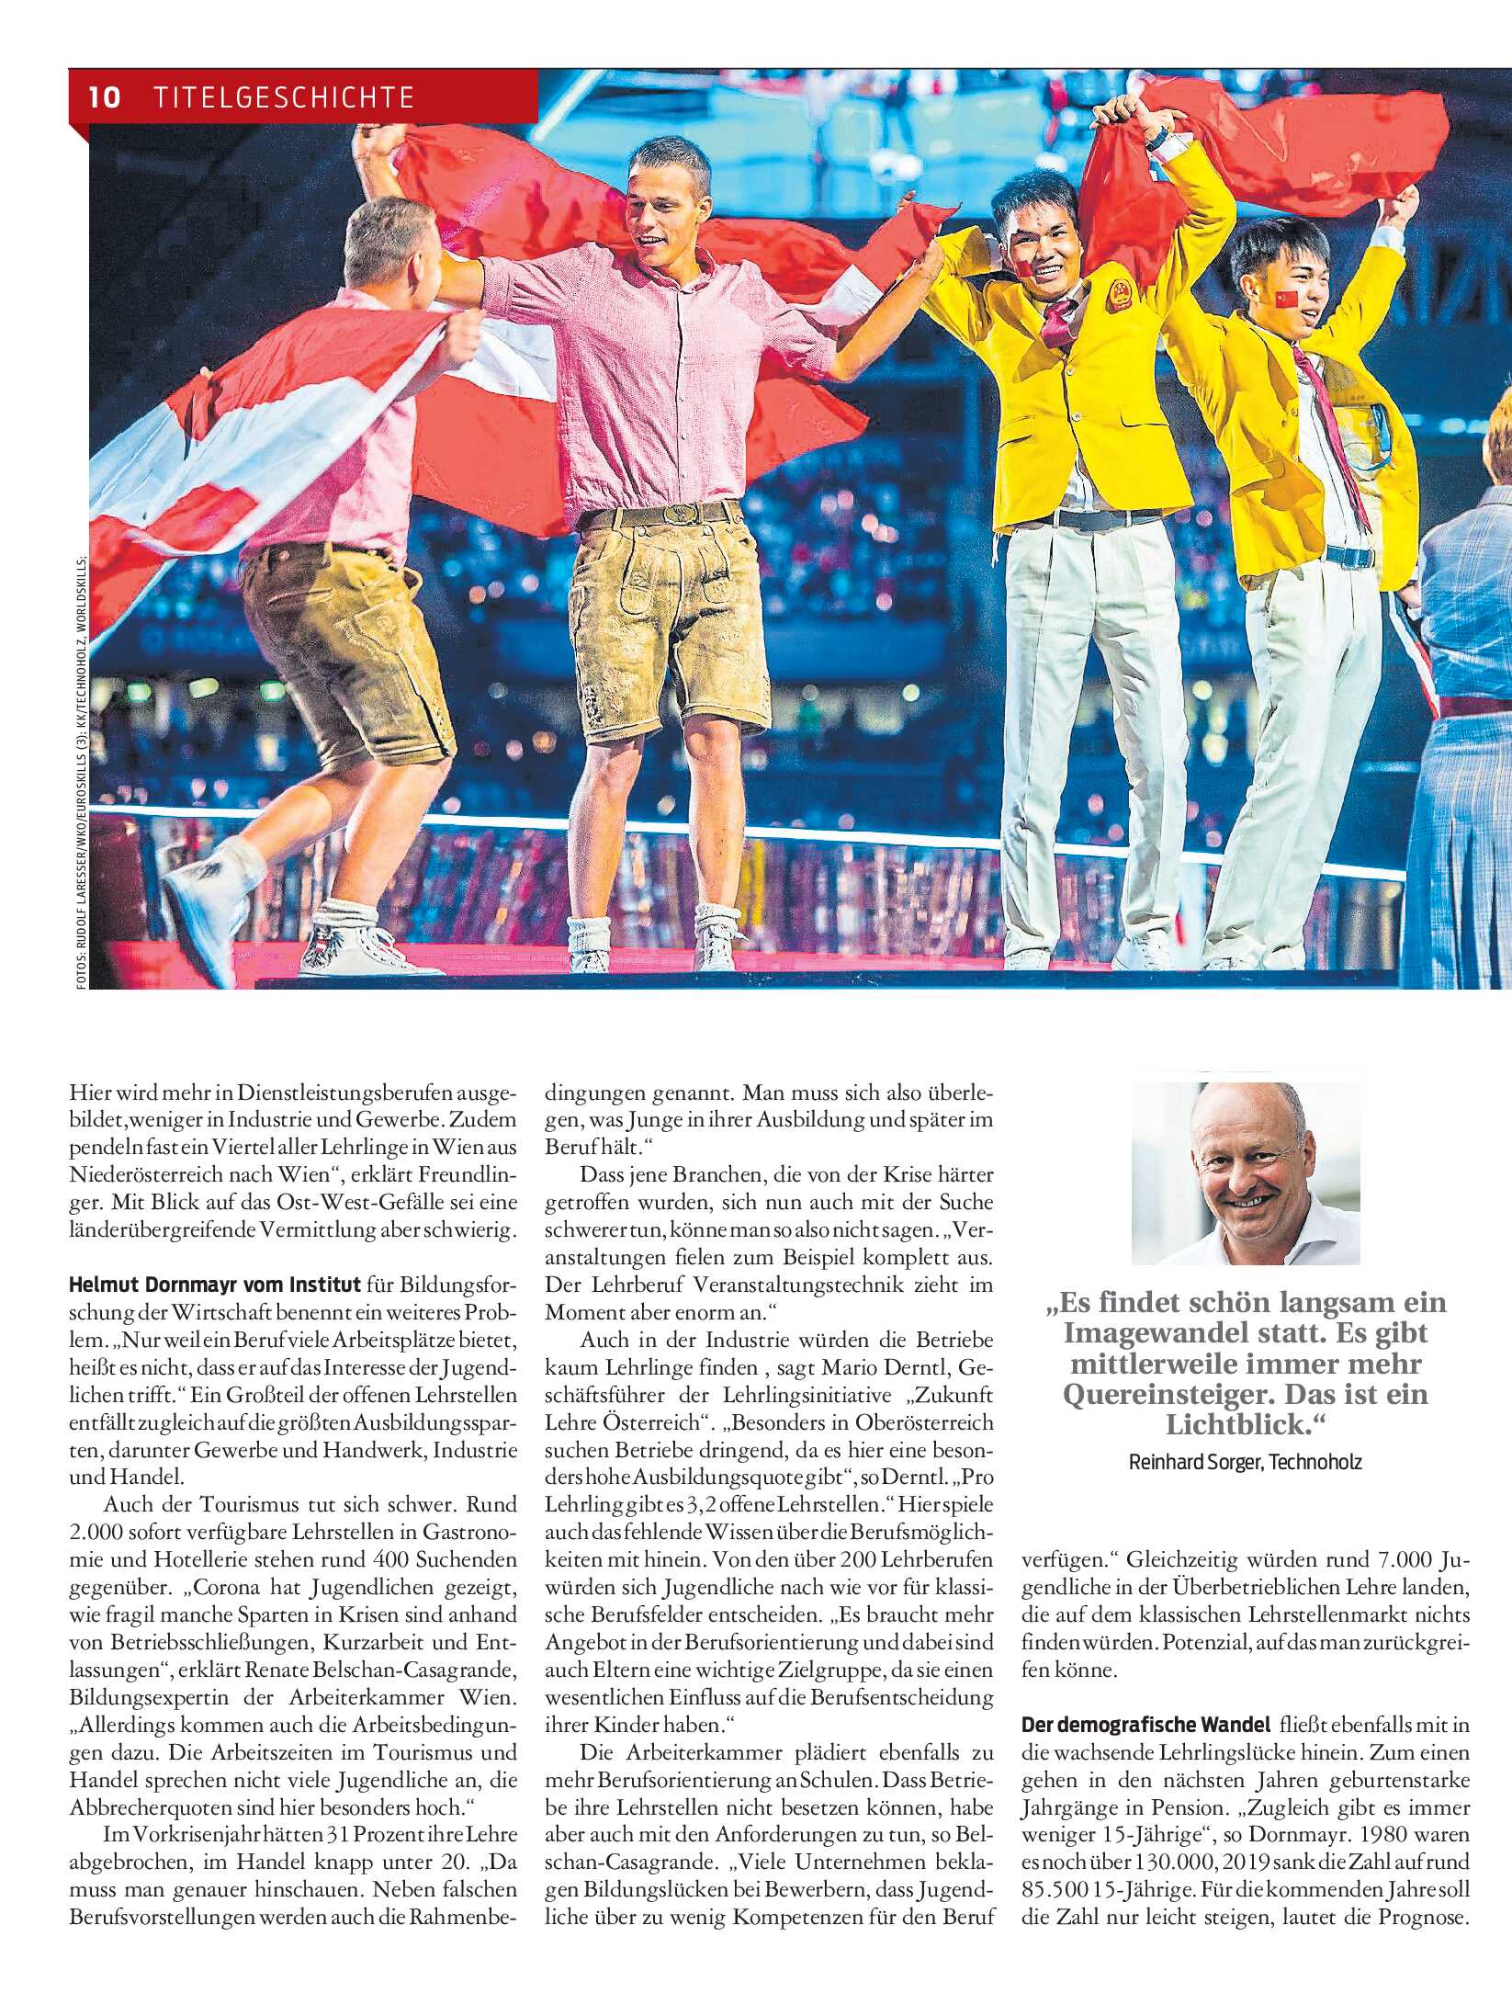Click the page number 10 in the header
(106, 96)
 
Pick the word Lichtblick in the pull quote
(1236, 1424)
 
